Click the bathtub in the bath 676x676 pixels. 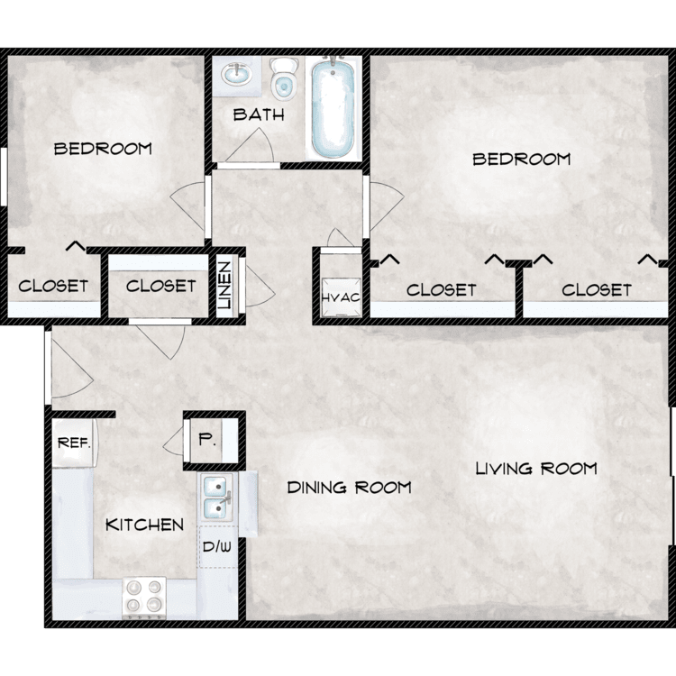pos(333,109)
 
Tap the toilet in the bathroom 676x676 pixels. pos(283,78)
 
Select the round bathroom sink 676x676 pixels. pos(236,75)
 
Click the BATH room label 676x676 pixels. pos(259,114)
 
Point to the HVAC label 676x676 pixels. pos(341,297)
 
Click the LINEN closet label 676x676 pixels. pos(224,286)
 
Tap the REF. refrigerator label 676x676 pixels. pos(74,443)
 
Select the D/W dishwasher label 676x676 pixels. pos(217,547)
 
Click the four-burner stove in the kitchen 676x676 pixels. pos(144,597)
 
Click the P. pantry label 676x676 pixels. pos(207,440)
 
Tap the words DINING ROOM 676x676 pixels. pos(349,488)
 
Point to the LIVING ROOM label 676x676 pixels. pos(536,468)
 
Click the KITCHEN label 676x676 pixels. pos(145,525)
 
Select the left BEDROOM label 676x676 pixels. pos(103,149)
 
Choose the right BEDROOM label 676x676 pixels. pos(522,159)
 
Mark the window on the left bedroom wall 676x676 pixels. pos(3,177)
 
